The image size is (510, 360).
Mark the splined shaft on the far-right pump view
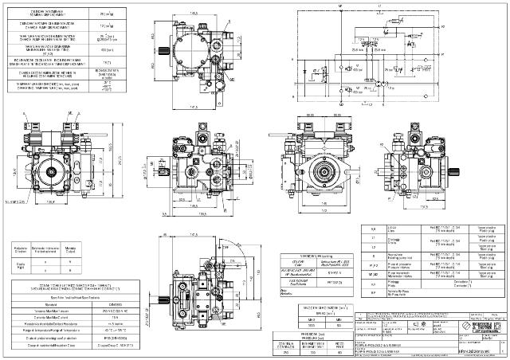(460, 171)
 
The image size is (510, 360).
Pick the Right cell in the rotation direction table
(24, 273)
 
